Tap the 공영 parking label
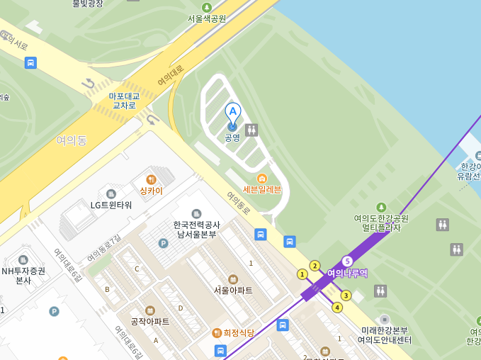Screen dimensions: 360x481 point(232,137)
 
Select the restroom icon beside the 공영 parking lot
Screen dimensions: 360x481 point(251,130)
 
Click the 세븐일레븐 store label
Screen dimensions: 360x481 point(262,189)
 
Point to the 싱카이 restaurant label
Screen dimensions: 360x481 point(151,191)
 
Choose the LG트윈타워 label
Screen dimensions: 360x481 point(111,205)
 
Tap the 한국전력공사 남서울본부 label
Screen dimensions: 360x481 point(197,229)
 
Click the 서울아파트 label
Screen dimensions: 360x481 point(233,290)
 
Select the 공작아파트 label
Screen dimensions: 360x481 point(150,321)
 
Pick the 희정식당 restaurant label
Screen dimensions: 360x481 point(233,332)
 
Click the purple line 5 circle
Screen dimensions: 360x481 point(347,261)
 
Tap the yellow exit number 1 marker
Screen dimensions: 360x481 point(302,274)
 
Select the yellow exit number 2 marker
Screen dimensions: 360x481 point(315,266)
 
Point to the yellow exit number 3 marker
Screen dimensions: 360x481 point(346,296)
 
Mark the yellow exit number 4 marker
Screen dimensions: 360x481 point(337,308)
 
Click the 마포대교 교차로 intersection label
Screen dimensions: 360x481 point(124,101)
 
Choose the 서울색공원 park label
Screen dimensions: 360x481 point(207,18)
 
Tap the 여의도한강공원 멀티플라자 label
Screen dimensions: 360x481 point(381,223)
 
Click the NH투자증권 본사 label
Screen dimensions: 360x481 point(23,275)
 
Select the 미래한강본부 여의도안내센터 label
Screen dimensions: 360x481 point(384,335)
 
